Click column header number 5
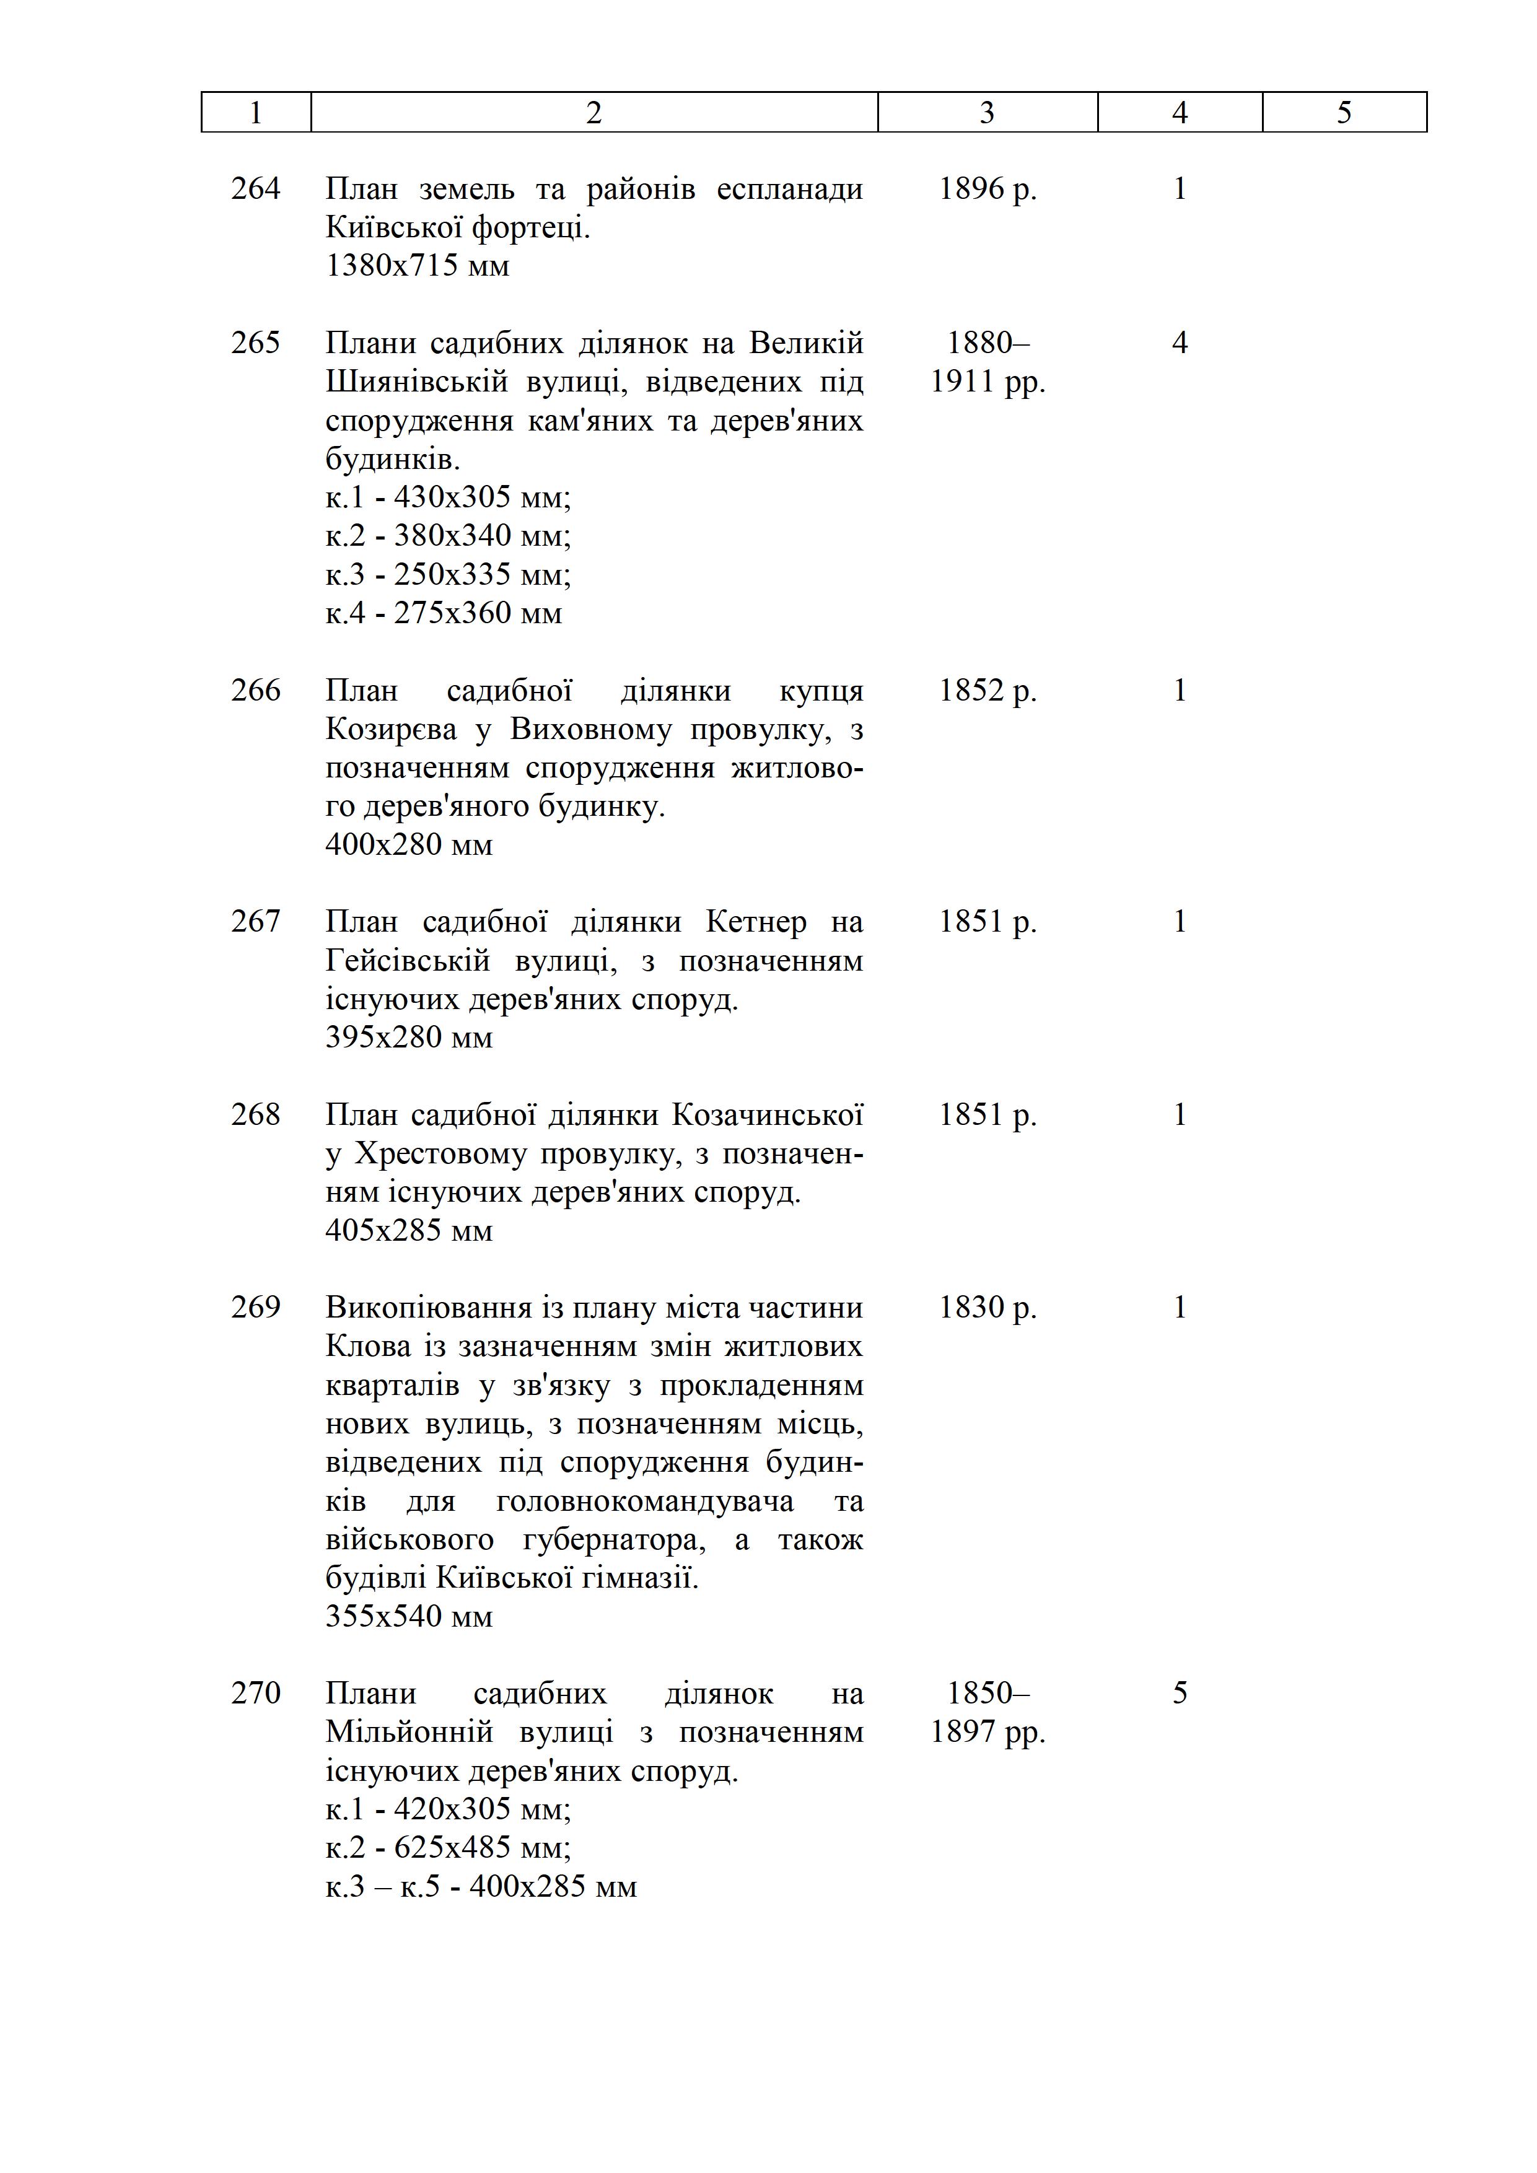(x=1344, y=113)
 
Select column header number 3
(x=987, y=113)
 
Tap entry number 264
(x=255, y=188)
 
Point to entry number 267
(x=255, y=921)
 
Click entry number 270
(x=255, y=1692)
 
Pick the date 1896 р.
(x=987, y=188)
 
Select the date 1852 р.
(x=987, y=690)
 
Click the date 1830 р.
(x=987, y=1307)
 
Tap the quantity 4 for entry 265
(x=1180, y=343)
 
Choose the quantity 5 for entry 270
(x=1180, y=1692)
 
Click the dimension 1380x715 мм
(x=418, y=266)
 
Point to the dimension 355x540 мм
(x=409, y=1616)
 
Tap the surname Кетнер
(x=756, y=921)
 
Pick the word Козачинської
(x=768, y=1115)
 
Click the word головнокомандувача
(x=644, y=1501)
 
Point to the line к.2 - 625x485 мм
(x=448, y=1847)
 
